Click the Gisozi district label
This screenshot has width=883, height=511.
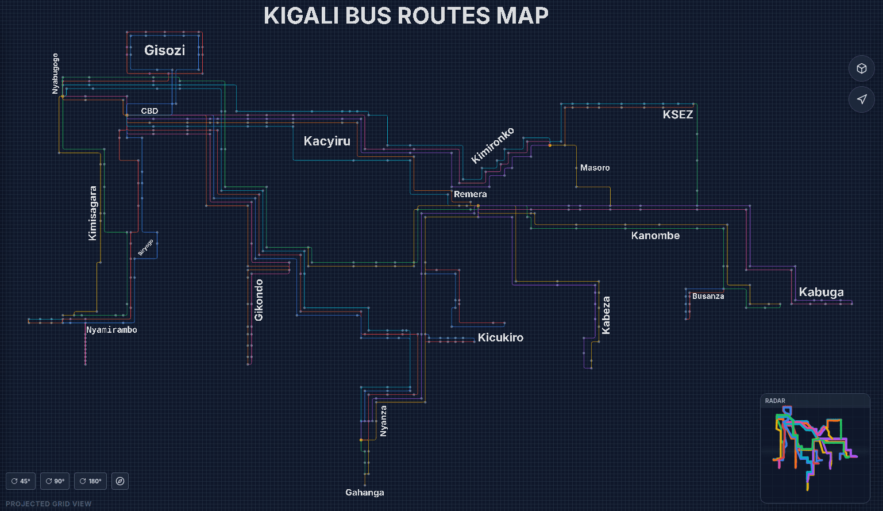(164, 51)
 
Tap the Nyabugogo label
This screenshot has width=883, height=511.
(55, 74)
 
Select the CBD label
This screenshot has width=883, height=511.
(149, 111)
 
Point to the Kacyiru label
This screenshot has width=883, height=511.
(327, 141)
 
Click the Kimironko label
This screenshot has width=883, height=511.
(492, 145)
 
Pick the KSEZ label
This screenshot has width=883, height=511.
(678, 114)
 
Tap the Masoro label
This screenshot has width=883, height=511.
(595, 168)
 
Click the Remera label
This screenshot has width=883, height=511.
(470, 194)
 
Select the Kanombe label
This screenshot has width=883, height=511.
(655, 236)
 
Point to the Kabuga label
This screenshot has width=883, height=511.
(821, 292)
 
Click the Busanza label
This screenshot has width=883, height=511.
(708, 296)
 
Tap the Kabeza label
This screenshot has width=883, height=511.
(606, 315)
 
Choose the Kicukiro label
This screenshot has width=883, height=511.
(500, 337)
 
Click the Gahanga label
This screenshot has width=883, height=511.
(365, 493)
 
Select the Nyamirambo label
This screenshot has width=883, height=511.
(111, 330)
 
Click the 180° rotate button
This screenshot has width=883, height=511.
(91, 481)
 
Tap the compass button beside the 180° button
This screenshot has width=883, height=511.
(120, 481)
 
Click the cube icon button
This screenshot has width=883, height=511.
(861, 68)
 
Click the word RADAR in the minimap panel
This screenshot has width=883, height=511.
(775, 401)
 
